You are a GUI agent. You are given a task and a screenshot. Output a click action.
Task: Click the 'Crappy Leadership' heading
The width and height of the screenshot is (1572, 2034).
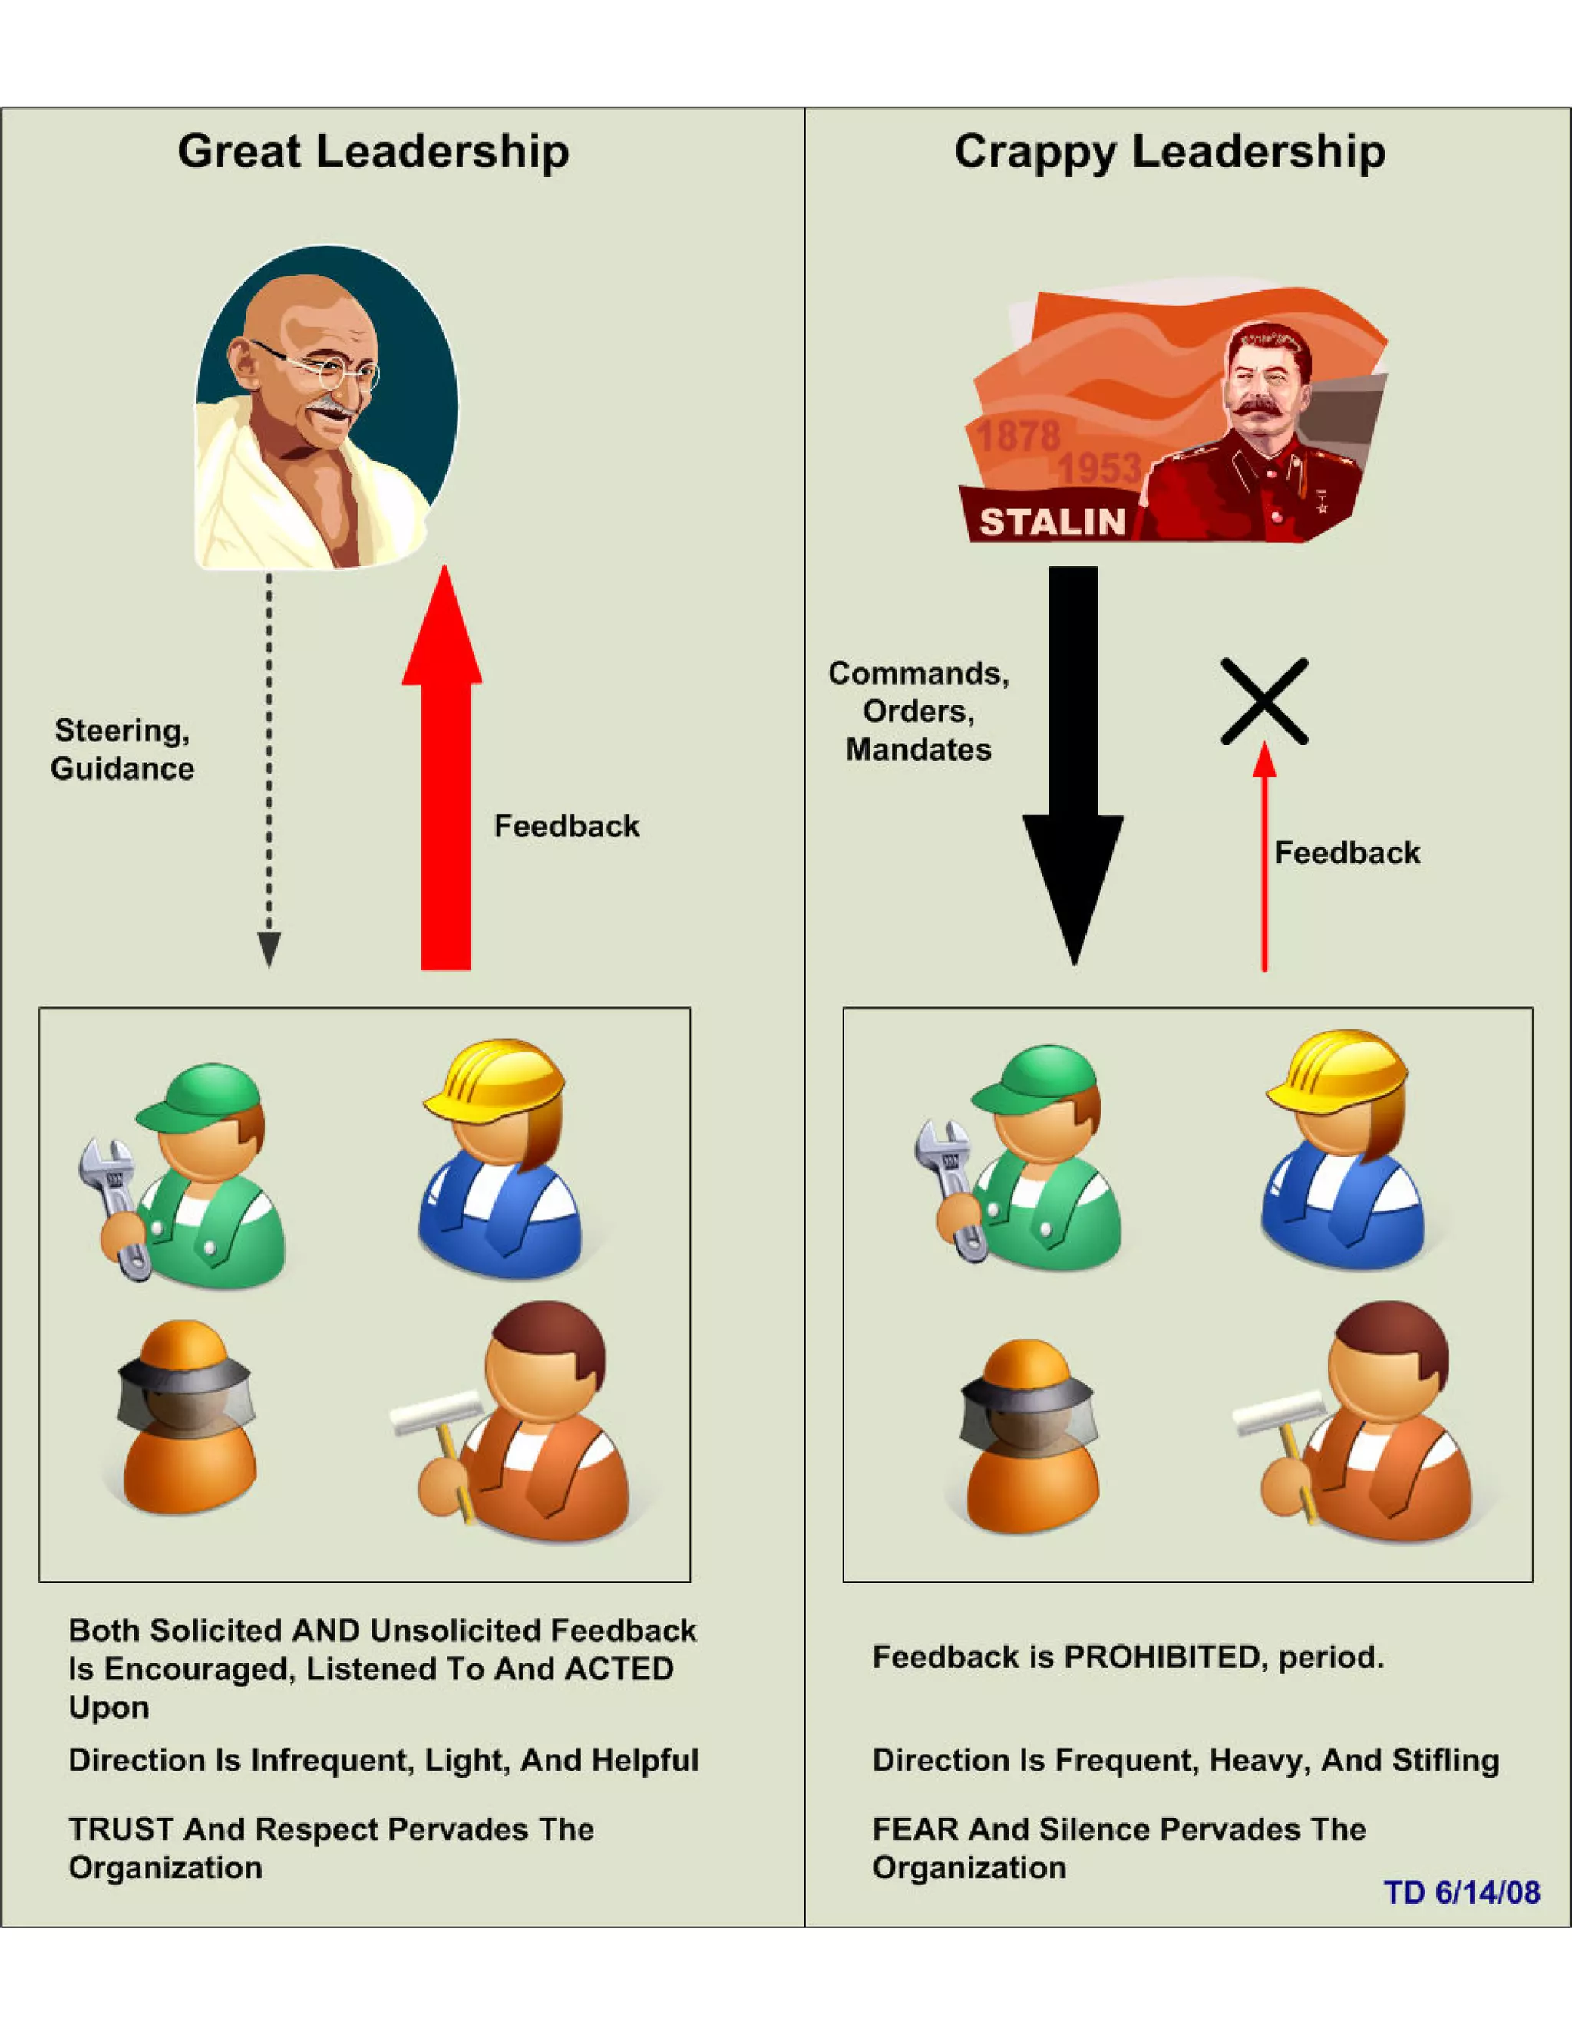point(1169,151)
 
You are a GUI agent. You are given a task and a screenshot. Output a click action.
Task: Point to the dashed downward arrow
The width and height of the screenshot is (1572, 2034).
point(269,764)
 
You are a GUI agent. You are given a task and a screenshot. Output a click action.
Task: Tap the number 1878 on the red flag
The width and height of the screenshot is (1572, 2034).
point(1018,436)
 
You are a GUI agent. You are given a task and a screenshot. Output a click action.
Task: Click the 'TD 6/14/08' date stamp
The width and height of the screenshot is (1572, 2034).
point(1461,1893)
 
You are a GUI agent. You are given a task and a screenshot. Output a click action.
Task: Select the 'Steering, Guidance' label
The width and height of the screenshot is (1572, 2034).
point(122,749)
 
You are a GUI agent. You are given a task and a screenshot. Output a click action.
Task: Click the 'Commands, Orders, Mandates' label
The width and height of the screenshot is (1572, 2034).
point(918,711)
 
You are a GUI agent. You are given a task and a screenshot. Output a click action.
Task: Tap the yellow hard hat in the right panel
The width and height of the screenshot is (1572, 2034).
point(1336,1071)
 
